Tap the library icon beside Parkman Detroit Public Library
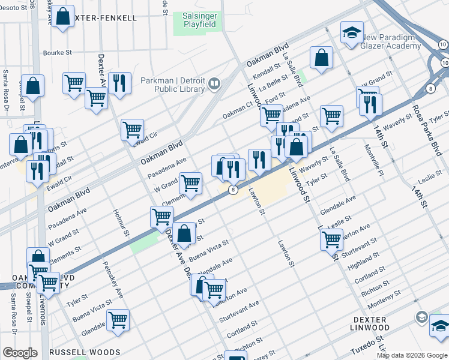pos(214,85)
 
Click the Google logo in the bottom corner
pos(20,353)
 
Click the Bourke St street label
pos(58,53)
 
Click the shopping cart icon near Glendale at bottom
pos(118,320)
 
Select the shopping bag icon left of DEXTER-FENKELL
pos(62,18)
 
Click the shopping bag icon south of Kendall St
pos(322,58)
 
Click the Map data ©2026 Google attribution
pos(412,355)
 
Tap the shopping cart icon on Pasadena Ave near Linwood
pos(271,115)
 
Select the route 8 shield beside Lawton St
pos(232,190)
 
